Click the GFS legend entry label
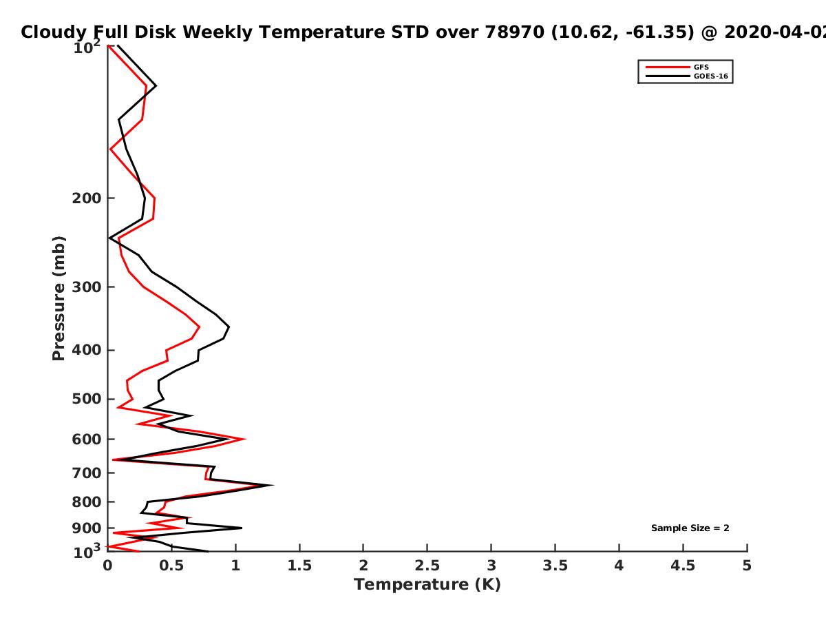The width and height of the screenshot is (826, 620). [701, 67]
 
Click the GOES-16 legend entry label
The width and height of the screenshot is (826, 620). [711, 76]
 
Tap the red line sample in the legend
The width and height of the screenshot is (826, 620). [668, 67]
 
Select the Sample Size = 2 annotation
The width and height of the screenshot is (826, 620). [690, 528]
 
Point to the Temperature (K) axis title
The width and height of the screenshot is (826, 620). [427, 585]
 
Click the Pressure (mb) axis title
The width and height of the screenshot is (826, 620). [59, 298]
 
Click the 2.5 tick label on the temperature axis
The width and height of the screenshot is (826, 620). [427, 566]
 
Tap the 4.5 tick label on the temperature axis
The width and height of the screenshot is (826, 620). [683, 566]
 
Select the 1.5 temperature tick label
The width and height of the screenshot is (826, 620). [299, 566]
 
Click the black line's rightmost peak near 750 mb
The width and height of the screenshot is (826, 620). [273, 485]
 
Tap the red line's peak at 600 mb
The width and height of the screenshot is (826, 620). [245, 439]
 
